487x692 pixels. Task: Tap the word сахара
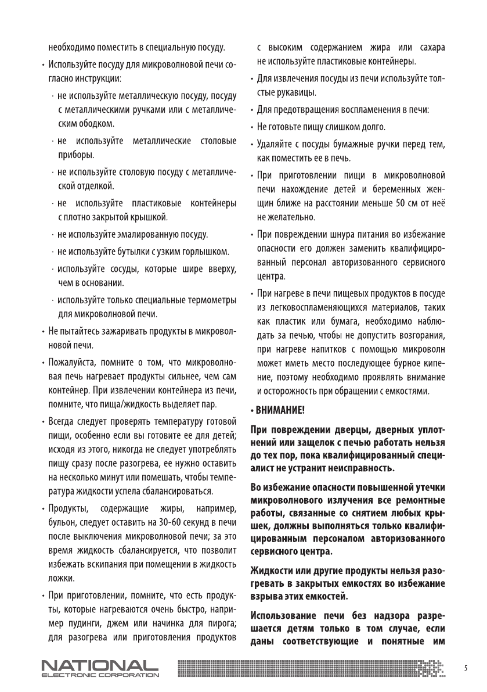(x=431, y=46)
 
